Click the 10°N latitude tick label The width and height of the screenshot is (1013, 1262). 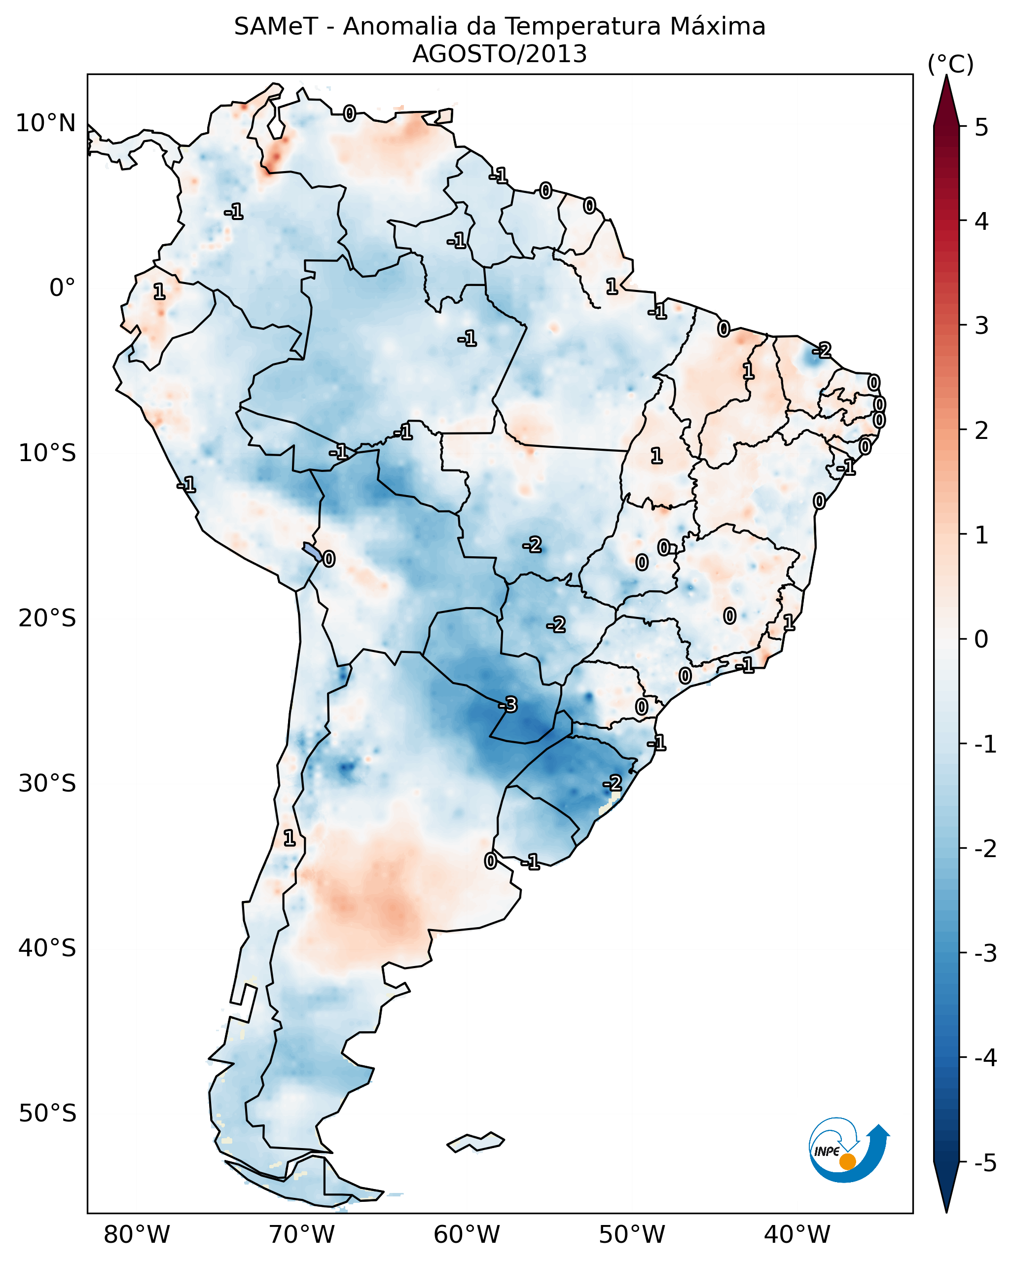pyautogui.click(x=46, y=123)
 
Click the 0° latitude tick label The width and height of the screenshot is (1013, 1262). pyautogui.click(x=63, y=288)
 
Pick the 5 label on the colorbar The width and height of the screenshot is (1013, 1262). pyautogui.click(x=981, y=127)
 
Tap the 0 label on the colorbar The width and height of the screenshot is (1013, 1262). pyautogui.click(x=981, y=639)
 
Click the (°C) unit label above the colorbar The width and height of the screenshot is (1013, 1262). pyautogui.click(x=950, y=65)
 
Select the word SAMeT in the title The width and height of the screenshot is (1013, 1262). pyautogui.click(x=276, y=27)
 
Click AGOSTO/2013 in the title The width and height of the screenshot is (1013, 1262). pyautogui.click(x=500, y=54)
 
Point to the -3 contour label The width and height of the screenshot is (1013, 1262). pyautogui.click(x=508, y=704)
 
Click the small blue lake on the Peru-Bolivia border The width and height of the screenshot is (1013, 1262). pyautogui.click(x=312, y=551)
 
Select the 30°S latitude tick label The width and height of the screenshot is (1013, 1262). pyautogui.click(x=47, y=783)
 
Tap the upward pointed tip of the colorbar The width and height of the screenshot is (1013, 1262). pyautogui.click(x=946, y=75)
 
